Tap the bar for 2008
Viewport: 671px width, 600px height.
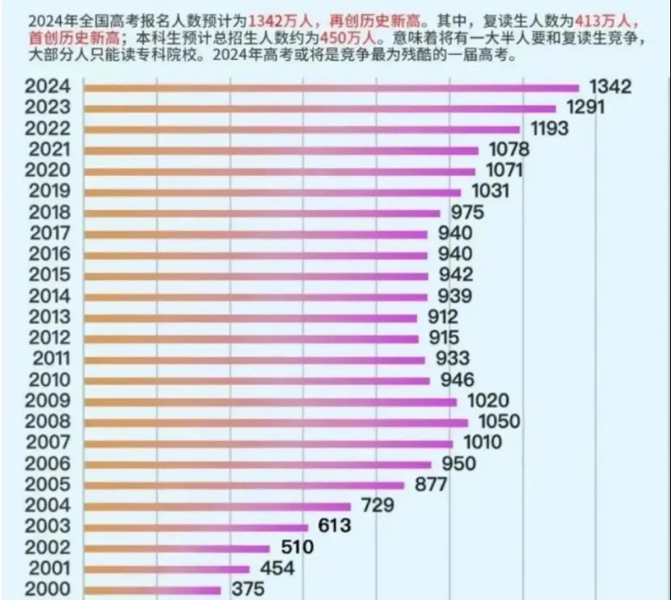[276, 422]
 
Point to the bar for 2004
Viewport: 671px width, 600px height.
[217, 506]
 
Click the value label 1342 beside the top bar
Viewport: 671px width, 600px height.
[610, 87]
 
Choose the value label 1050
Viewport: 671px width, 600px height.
[497, 422]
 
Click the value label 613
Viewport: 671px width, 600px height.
[334, 527]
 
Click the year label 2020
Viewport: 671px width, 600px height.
[49, 170]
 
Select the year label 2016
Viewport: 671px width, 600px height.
[49, 254]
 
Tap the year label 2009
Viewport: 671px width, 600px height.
[49, 401]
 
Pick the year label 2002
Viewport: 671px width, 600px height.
[49, 548]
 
